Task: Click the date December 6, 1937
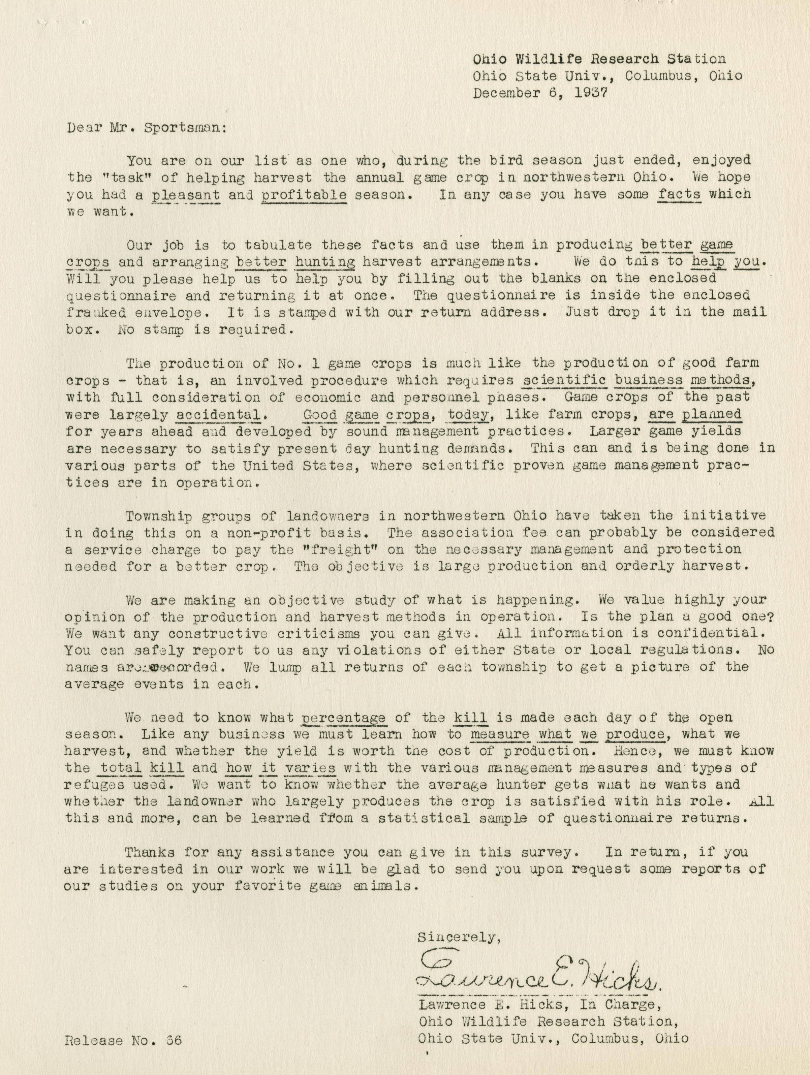[x=540, y=93]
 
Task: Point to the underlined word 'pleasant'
[x=186, y=195]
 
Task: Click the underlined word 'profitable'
[x=304, y=195]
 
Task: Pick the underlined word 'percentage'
[x=344, y=717]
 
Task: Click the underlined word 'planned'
[x=712, y=415]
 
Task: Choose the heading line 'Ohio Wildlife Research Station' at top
[x=599, y=59]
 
